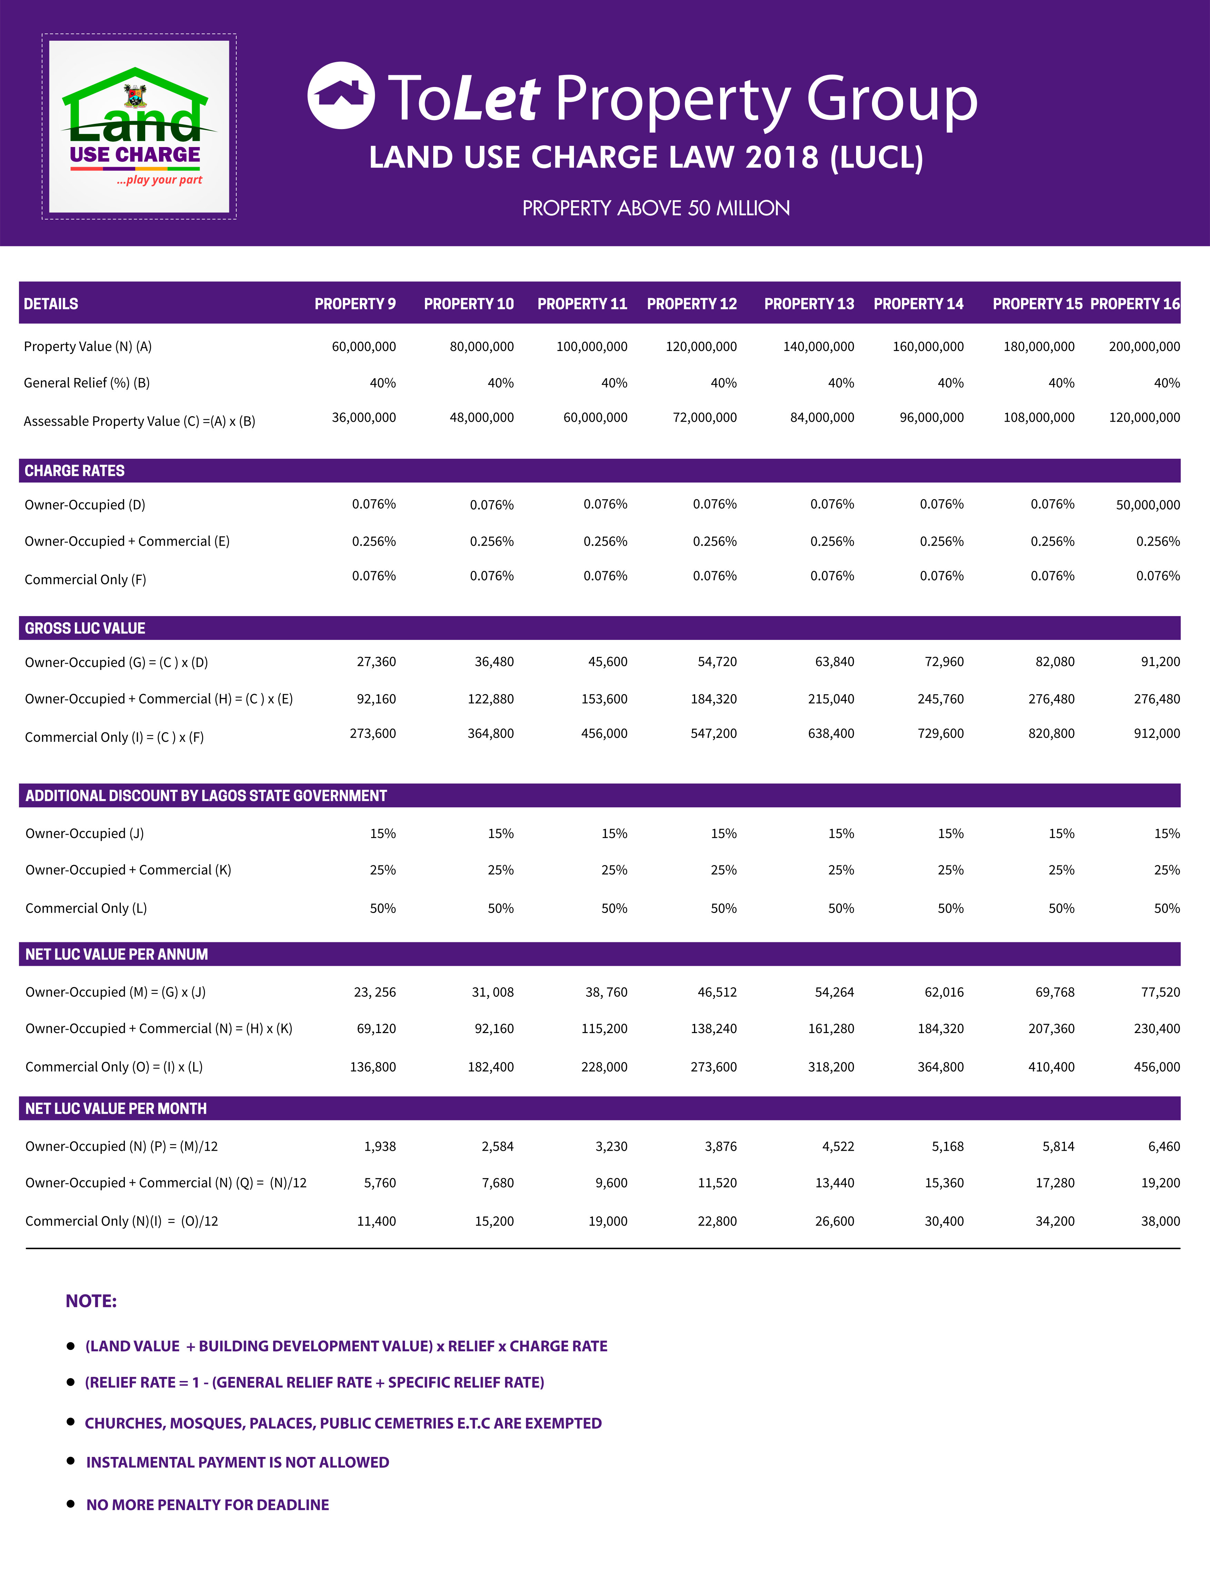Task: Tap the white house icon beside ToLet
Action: click(x=341, y=96)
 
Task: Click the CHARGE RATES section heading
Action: click(x=75, y=470)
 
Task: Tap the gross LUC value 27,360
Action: click(x=376, y=662)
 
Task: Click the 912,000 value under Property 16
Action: click(x=1157, y=733)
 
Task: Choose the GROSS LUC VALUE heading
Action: click(x=85, y=629)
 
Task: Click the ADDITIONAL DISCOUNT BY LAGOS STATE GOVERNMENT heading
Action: click(x=206, y=796)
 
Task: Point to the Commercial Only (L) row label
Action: click(x=87, y=908)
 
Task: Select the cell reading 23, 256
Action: click(x=375, y=992)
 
